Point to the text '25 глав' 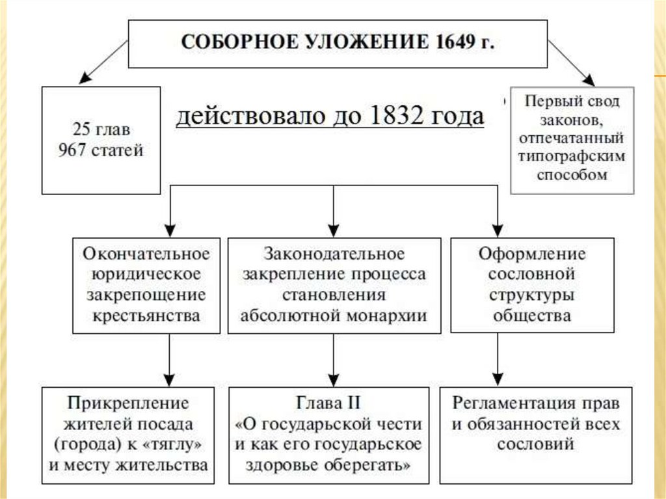click(x=100, y=131)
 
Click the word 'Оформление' click(x=532, y=252)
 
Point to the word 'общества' click(x=532, y=316)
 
